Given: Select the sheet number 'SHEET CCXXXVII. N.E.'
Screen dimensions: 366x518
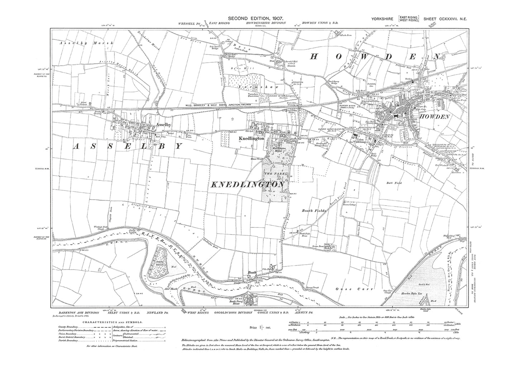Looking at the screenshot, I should (x=449, y=18).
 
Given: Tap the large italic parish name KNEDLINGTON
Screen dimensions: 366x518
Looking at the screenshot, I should (x=247, y=184).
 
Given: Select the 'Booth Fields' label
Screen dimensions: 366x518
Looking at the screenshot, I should (x=313, y=211).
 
